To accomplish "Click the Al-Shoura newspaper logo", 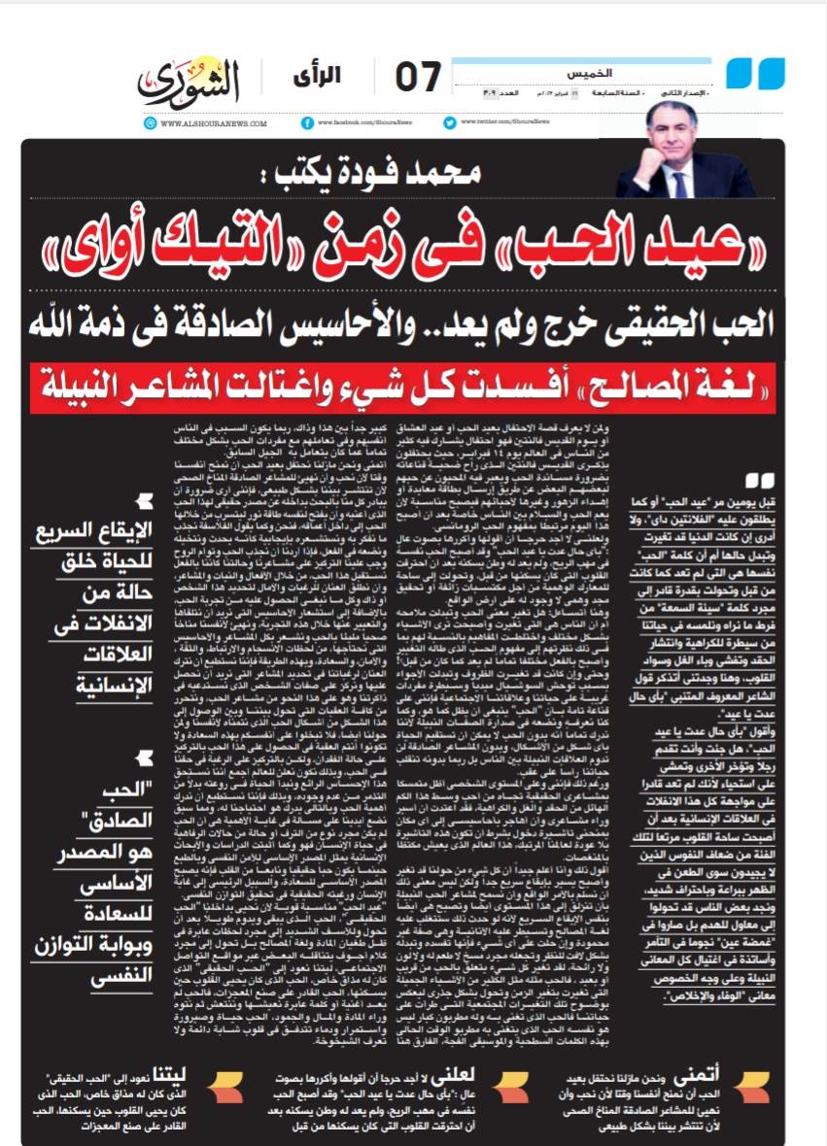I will click(190, 81).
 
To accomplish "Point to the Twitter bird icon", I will click(449, 122).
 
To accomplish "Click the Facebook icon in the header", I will click(308, 122).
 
